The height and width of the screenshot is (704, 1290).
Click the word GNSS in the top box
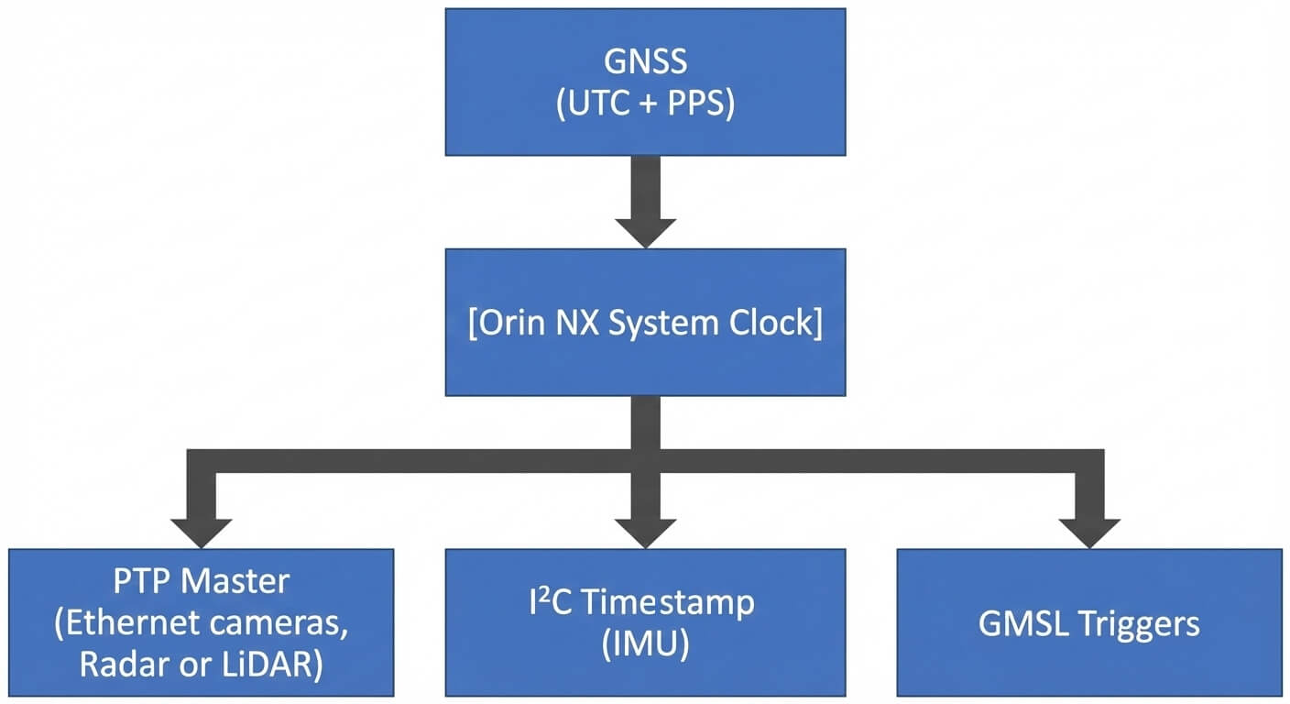click(x=645, y=63)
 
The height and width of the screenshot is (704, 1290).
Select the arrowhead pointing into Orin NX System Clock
click(x=645, y=231)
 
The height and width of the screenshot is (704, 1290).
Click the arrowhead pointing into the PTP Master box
click(x=201, y=532)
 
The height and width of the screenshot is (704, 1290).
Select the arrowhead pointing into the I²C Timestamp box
click(x=645, y=532)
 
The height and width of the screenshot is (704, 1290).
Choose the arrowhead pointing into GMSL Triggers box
click(x=1088, y=532)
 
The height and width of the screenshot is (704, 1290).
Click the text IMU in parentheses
click(x=645, y=645)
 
